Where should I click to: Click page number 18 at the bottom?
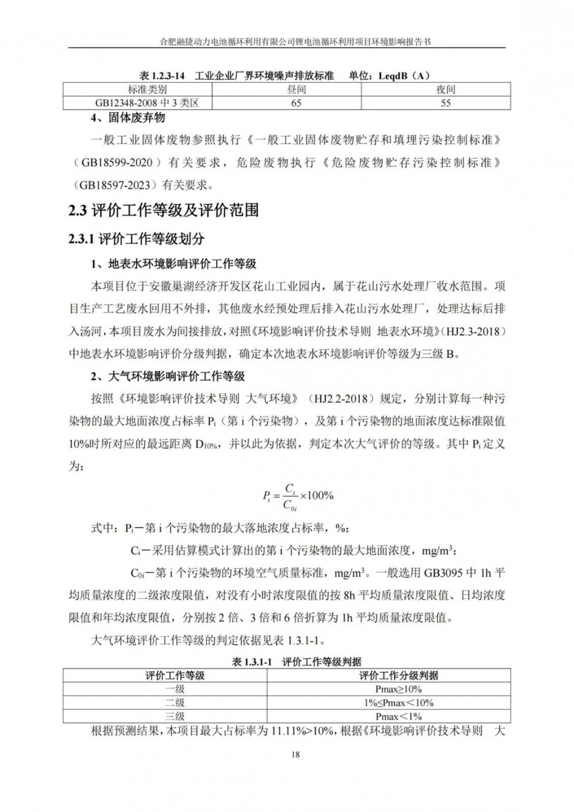tap(296, 754)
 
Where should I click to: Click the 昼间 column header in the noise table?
tap(296, 90)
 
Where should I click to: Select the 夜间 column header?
tap(445, 90)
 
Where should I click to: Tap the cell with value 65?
tap(296, 103)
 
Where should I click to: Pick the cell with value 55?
tap(445, 103)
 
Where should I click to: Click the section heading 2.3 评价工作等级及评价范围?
tap(164, 211)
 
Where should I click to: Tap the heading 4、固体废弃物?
tap(128, 118)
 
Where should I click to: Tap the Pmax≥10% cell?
tap(398, 689)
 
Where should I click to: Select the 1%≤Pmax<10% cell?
tap(398, 703)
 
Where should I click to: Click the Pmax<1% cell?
tap(398, 716)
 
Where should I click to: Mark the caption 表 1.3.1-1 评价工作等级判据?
tap(296, 662)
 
